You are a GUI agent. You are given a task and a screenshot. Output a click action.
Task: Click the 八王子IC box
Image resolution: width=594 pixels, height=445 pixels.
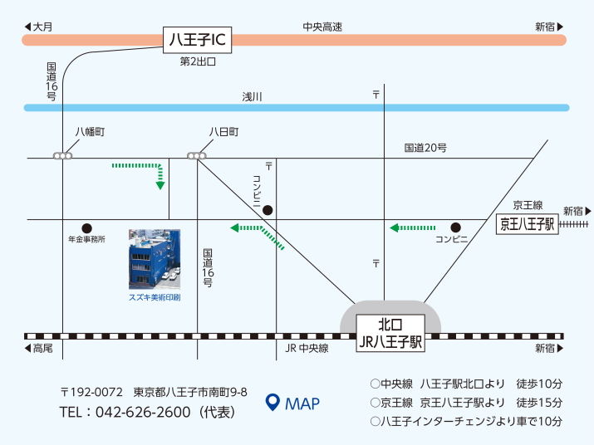(x=197, y=40)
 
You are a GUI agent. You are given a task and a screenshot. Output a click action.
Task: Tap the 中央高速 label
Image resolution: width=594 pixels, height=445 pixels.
(x=322, y=27)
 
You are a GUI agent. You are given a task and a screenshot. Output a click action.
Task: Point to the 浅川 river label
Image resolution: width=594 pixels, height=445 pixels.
(x=252, y=97)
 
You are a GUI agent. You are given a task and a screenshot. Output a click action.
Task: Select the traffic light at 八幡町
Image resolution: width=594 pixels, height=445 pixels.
(x=62, y=155)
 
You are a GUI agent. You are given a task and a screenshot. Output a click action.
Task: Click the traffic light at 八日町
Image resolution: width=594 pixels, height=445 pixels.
(x=197, y=155)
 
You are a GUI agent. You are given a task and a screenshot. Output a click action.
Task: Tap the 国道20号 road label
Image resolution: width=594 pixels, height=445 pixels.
(x=425, y=148)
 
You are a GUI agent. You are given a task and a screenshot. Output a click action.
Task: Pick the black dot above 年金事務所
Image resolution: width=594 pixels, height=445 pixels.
(x=86, y=228)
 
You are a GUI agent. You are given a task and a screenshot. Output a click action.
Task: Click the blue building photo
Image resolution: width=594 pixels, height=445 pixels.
(x=155, y=259)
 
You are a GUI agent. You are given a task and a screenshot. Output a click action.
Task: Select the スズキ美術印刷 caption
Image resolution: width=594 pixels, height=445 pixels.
(x=155, y=298)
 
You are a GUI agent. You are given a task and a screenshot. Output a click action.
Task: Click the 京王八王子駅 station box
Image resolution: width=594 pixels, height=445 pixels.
(x=528, y=224)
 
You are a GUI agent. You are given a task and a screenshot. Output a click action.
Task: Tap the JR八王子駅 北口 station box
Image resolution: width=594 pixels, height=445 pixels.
(x=390, y=333)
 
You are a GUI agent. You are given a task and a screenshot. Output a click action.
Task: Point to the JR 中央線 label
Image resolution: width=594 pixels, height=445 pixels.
(x=307, y=348)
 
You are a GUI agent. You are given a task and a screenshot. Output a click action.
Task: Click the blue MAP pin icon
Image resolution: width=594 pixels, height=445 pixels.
(x=272, y=402)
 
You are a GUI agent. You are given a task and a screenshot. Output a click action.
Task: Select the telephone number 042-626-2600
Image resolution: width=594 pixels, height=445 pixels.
(x=143, y=412)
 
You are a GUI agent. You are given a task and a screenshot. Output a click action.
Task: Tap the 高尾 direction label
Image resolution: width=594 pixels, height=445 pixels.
(x=39, y=348)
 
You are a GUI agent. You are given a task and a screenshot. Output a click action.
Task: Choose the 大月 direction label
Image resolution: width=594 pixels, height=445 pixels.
(x=39, y=27)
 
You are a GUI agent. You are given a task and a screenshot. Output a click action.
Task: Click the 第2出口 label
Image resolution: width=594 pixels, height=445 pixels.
(x=198, y=61)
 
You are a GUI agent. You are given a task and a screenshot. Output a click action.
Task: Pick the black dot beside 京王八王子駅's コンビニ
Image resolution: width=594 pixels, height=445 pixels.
(x=456, y=227)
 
